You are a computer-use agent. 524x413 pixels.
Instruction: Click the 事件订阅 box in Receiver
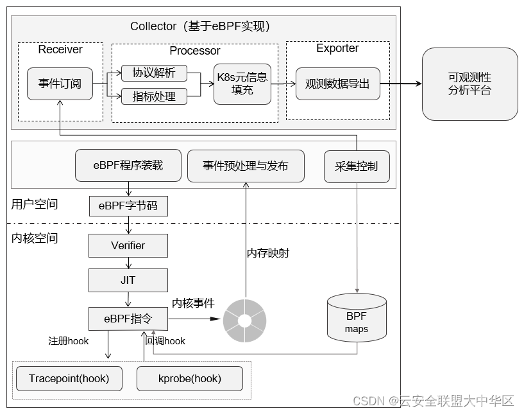(60, 83)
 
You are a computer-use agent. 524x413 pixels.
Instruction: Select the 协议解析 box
(154, 73)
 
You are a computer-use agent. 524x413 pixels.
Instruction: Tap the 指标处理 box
(154, 96)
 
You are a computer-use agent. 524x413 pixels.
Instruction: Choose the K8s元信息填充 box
(242, 84)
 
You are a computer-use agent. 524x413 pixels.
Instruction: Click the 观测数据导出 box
(337, 83)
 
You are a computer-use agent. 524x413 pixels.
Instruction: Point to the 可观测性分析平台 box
(469, 84)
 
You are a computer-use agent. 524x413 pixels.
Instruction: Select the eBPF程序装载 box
(128, 166)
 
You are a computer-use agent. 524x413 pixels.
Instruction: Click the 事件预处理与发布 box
(246, 166)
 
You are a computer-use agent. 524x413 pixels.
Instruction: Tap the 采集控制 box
(357, 166)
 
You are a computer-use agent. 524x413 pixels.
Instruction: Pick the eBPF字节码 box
(128, 206)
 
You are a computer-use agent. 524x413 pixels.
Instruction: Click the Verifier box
(128, 245)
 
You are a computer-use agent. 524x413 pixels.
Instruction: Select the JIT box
(128, 280)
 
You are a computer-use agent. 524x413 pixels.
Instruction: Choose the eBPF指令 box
(128, 319)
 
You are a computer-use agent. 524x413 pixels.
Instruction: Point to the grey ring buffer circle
(244, 320)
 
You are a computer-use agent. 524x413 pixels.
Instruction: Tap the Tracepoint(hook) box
(69, 378)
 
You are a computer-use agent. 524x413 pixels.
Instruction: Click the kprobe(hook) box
(190, 378)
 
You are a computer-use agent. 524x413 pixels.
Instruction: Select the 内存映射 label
(268, 253)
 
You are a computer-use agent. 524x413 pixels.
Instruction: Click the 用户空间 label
(35, 204)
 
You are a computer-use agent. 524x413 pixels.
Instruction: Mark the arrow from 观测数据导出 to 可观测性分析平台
(400, 84)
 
